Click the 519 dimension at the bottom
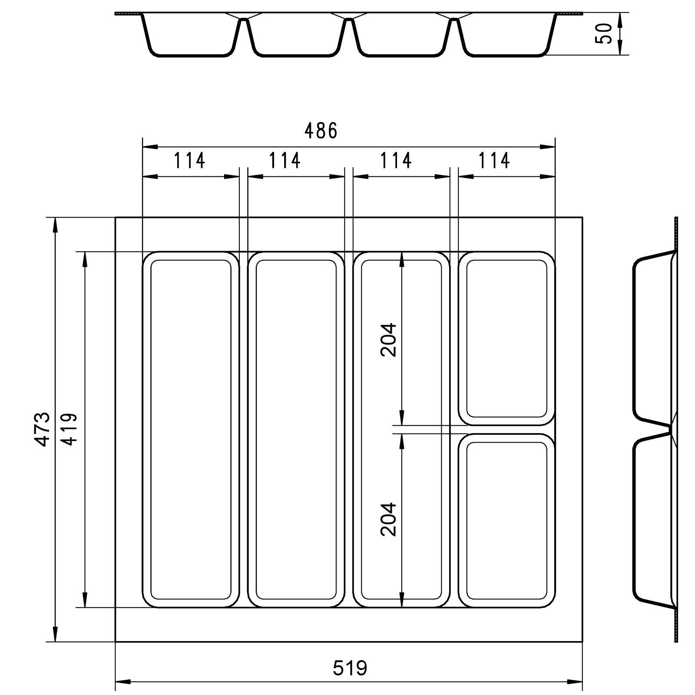[350, 668]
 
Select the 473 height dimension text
[43, 430]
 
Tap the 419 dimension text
[69, 430]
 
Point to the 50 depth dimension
[604, 34]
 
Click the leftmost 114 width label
[189, 161]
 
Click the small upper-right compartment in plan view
[506, 339]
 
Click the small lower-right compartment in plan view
[506, 520]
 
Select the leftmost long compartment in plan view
[191, 429]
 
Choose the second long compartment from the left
[296, 429]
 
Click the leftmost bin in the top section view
[191, 37]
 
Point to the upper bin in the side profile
[652, 339]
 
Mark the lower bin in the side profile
[652, 521]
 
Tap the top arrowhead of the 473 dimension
[55, 223]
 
